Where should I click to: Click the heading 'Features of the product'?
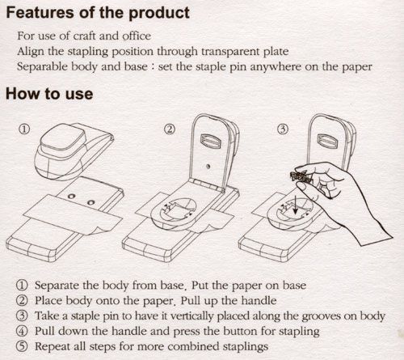coord(98,13)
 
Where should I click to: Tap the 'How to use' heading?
coord(49,94)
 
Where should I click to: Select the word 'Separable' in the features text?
coord(42,66)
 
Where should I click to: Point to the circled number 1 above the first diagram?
coord(23,129)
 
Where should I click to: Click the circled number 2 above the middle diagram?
coord(170,129)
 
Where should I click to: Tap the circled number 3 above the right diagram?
coord(283,129)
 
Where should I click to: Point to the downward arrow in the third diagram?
coord(296,205)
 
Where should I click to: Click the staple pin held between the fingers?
coord(301,176)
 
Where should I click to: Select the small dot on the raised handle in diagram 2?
coord(208,167)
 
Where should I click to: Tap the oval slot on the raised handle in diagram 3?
coord(326,141)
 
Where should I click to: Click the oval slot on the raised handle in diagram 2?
coord(211,141)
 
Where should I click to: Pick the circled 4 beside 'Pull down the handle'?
coord(22,331)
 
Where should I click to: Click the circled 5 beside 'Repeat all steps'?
coord(22,346)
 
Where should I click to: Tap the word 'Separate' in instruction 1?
coord(57,286)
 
